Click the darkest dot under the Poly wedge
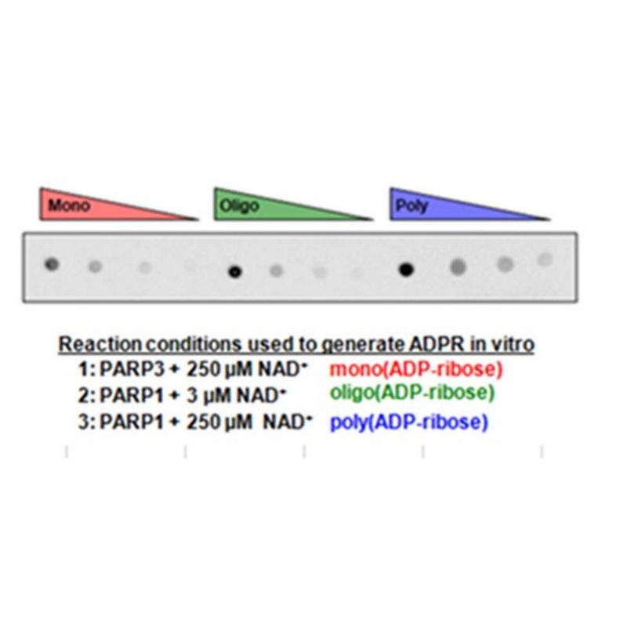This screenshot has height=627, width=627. tap(406, 270)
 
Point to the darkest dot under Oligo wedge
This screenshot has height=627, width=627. tap(235, 272)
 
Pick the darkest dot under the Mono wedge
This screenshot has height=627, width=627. tap(52, 264)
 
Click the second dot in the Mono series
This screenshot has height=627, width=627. tap(95, 266)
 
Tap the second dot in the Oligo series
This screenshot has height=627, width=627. tap(277, 271)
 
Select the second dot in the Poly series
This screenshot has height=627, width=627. tap(458, 266)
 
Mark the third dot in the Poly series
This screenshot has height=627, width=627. tap(506, 264)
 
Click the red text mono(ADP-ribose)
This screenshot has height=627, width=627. tap(416, 369)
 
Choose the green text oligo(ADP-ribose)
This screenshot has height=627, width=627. tap(412, 393)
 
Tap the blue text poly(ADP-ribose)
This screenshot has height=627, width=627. tap(409, 422)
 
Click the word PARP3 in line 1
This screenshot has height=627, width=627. tap(132, 368)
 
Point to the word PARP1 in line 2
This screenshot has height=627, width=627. tap(132, 396)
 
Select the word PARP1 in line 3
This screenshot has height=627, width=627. tap(132, 422)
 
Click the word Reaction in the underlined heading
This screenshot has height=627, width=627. tap(100, 344)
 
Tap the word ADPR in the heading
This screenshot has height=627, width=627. tap(438, 344)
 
